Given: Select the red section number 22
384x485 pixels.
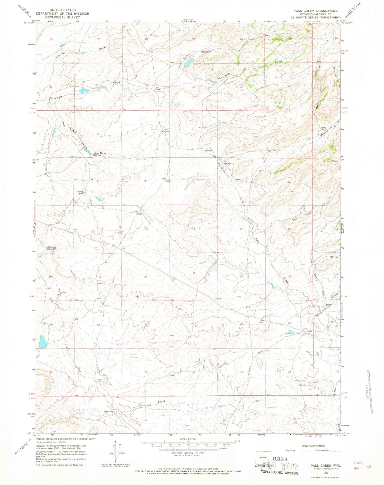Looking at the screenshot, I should pyautogui.click(x=194, y=273).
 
